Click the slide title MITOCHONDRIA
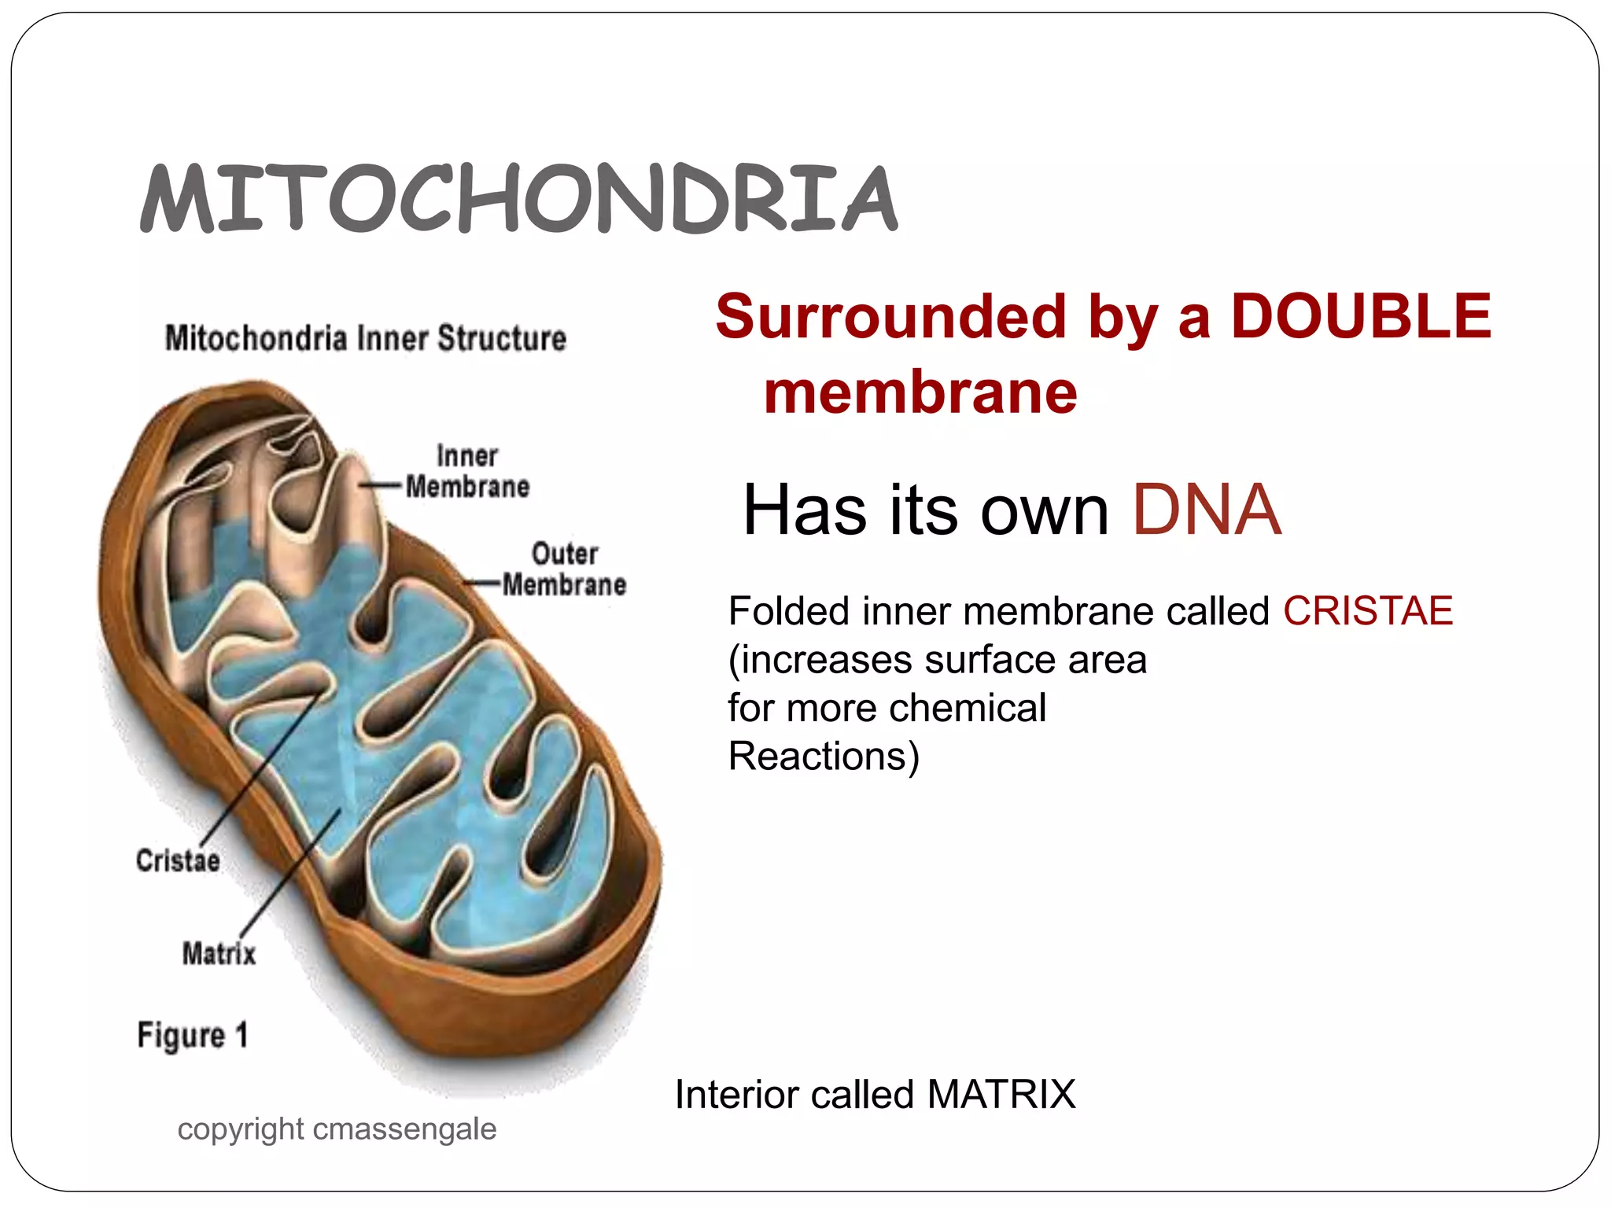pos(519,198)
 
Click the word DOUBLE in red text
pos(1361,316)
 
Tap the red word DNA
pos(1206,510)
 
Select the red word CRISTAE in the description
pos(1368,611)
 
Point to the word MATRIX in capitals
pos(1001,1094)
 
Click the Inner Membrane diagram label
pos(467,472)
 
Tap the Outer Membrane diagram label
pos(564,569)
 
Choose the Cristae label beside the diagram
pos(178,860)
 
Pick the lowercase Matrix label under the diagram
pos(219,953)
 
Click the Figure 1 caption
pos(193,1035)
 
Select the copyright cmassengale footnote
pos(337,1129)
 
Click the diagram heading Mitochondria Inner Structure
pos(366,338)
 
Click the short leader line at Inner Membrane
pos(382,486)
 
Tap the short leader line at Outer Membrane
pos(481,584)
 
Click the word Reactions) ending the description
pos(824,757)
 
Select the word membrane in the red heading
pos(920,392)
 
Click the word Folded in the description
pos(789,611)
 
